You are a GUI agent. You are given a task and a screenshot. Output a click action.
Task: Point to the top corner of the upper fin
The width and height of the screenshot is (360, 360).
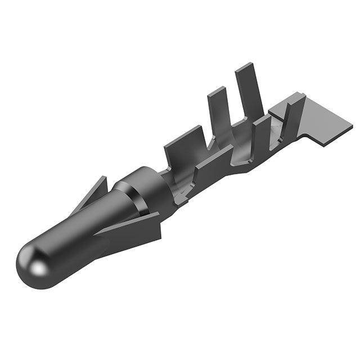pyautogui.click(x=105, y=177)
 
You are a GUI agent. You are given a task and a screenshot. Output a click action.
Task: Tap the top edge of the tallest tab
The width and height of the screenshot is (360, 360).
pyautogui.click(x=246, y=66)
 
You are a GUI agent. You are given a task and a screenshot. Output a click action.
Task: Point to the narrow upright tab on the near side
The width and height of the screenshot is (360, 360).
pyautogui.click(x=260, y=135)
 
